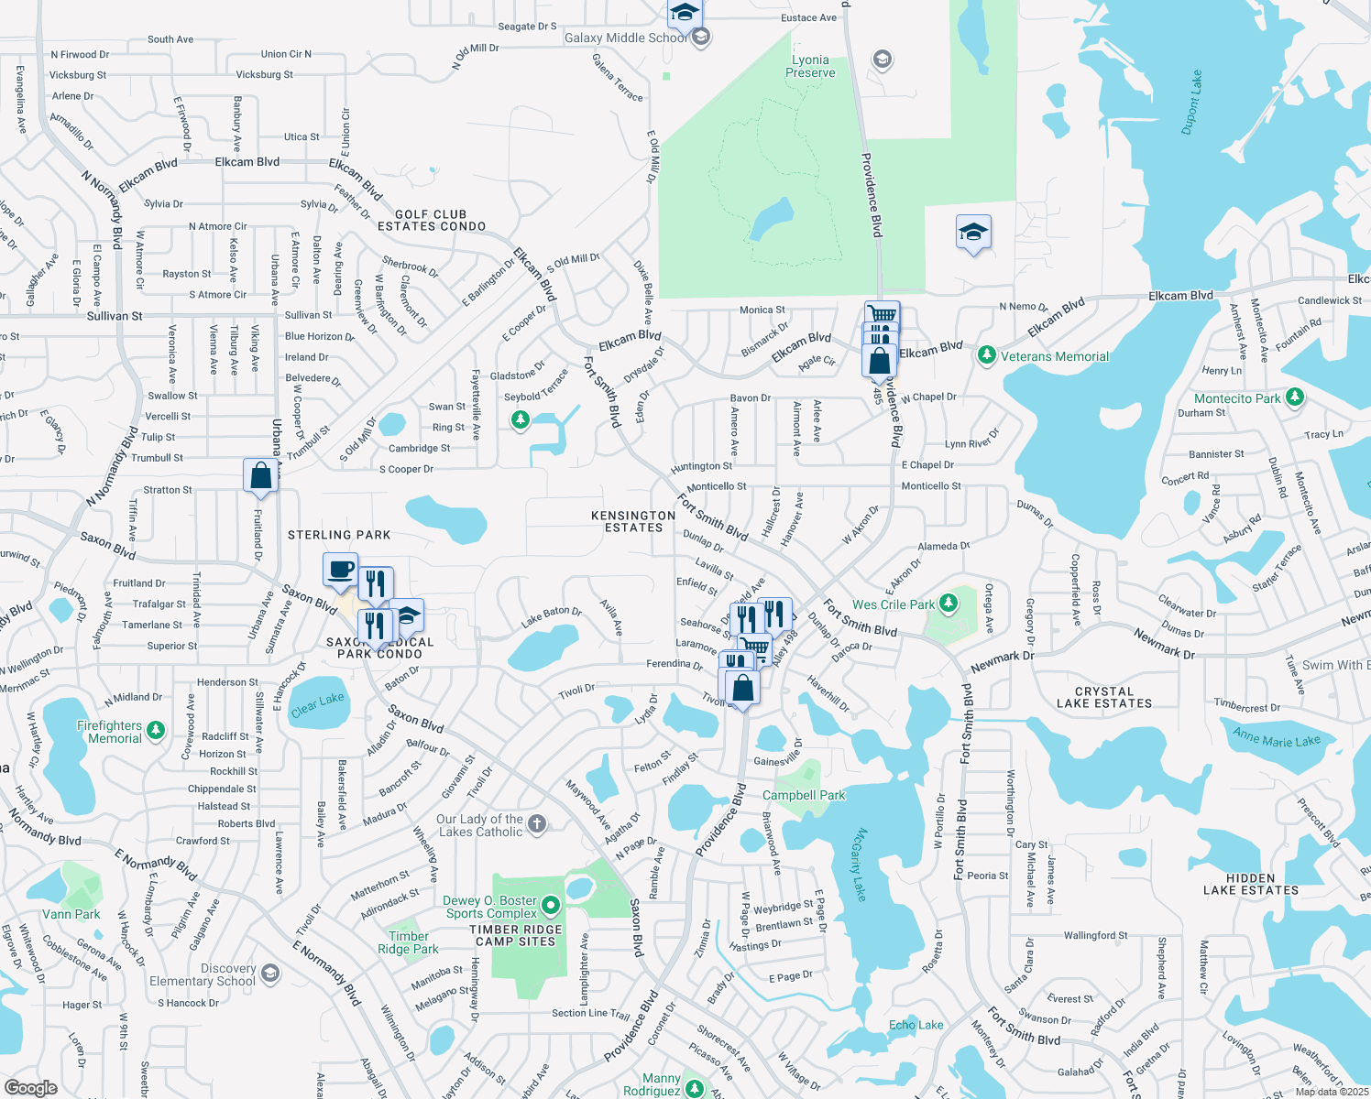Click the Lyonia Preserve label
(x=810, y=66)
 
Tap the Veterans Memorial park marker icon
(x=987, y=355)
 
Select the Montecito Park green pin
(x=1294, y=397)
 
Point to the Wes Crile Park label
(x=893, y=604)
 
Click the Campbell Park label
(x=804, y=795)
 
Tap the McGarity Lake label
(x=859, y=865)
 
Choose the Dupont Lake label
(x=1191, y=103)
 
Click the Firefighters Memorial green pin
(x=156, y=730)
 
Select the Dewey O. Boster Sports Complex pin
(x=551, y=906)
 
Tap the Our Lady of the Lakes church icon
(x=537, y=824)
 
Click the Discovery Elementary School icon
(x=269, y=973)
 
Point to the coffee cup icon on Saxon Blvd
(x=340, y=569)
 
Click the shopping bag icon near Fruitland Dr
(x=261, y=474)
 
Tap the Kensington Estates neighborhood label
(x=633, y=521)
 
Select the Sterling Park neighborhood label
(x=339, y=535)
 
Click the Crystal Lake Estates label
(x=1103, y=698)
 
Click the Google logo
(x=31, y=1087)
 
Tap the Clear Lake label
(x=317, y=704)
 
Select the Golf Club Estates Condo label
(x=432, y=220)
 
